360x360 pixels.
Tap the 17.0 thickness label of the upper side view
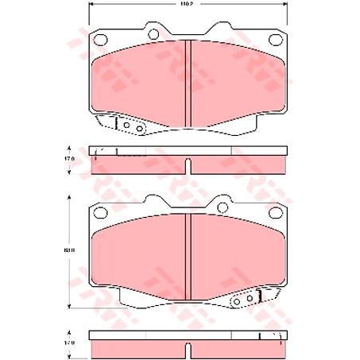[x=70, y=160]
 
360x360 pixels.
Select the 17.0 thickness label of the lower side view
[x=70, y=343]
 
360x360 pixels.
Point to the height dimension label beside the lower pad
[x=70, y=252]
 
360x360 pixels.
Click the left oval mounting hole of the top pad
[x=100, y=40]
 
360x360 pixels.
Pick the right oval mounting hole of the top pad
[x=275, y=40]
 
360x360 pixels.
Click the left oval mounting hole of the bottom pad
[x=100, y=213]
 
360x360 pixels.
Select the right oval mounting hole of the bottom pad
[x=275, y=213]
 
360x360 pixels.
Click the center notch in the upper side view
[x=188, y=165]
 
